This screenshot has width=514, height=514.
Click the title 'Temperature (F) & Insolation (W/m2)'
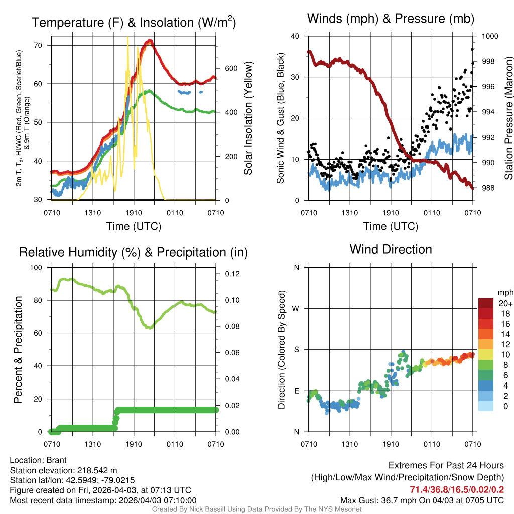(x=134, y=22)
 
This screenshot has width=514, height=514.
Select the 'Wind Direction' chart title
(x=391, y=249)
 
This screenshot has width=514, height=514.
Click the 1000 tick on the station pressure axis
(x=489, y=36)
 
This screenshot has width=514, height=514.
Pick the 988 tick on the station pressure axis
(x=487, y=188)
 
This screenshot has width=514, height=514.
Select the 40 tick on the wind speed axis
(x=295, y=36)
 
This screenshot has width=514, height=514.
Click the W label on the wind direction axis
(x=296, y=308)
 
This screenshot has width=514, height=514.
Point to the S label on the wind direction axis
(x=297, y=349)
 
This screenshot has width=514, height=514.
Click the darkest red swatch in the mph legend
(x=486, y=303)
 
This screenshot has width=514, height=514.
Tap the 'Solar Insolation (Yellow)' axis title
(x=248, y=118)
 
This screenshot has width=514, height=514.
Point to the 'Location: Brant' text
(x=38, y=460)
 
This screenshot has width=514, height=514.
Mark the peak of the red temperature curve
(x=149, y=41)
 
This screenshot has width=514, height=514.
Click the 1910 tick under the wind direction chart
(x=391, y=444)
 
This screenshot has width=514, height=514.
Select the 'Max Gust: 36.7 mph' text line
(x=422, y=500)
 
